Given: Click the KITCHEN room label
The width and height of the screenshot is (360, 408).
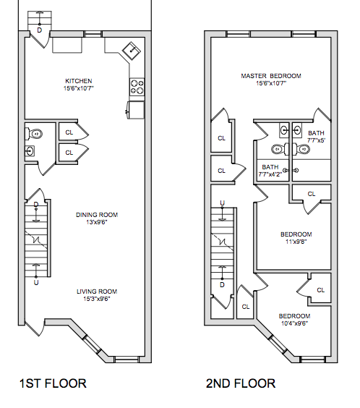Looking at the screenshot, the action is tap(79, 81).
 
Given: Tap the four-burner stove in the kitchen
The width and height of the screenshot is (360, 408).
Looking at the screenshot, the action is tap(137, 87).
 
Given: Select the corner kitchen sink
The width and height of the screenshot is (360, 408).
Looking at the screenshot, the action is tap(132, 51).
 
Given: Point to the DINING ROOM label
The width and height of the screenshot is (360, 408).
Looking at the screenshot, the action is tap(97, 215).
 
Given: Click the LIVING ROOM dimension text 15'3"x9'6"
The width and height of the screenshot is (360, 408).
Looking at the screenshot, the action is tap(97, 299).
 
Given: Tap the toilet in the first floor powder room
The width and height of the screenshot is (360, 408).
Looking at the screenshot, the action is tap(34, 134).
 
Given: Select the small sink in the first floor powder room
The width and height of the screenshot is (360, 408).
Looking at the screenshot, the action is tap(30, 151).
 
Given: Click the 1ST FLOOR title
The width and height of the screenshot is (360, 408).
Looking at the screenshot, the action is tap(53, 383).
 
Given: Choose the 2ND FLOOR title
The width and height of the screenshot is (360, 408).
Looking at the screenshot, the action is tap(241, 383).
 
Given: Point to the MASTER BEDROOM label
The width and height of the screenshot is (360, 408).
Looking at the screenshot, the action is tap(271, 76).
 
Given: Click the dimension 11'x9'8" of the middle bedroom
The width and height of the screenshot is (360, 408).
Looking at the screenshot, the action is tap(296, 242).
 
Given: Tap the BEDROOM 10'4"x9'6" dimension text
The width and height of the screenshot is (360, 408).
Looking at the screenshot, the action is tap(294, 323).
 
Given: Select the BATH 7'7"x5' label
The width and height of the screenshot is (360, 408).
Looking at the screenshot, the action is tap(316, 137).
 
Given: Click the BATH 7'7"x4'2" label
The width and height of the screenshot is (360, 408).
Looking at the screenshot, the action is tap(270, 171).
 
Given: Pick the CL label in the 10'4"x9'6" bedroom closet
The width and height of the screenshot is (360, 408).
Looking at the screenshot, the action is tap(321, 290).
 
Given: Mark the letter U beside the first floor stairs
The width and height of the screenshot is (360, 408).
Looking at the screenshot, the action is tap(36, 283).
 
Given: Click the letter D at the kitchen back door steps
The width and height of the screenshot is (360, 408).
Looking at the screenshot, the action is tap(39, 30).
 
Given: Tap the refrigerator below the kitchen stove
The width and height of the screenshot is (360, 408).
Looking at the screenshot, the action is tap(136, 110).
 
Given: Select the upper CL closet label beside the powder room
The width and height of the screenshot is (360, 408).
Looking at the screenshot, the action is tap(69, 132).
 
